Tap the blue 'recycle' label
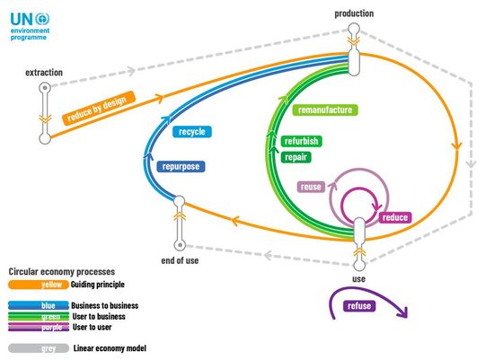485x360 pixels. coord(192,132)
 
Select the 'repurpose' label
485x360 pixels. coord(182,166)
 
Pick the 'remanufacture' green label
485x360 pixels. coord(323,110)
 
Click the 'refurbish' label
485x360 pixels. coord(301,142)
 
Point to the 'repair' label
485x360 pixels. coord(295,157)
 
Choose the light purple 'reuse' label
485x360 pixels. coord(312,188)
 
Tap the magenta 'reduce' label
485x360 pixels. coord(395,217)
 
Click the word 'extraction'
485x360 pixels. coord(43,71)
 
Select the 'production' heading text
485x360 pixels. coord(354,13)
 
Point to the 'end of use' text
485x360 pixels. coord(179,261)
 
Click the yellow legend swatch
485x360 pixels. coord(38,285)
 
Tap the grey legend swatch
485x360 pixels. coord(38,347)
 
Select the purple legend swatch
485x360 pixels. coord(38,328)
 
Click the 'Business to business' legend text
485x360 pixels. coord(104,306)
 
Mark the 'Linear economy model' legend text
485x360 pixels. coord(109,347)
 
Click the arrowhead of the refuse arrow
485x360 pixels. coord(403,313)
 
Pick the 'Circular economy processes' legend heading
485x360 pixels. coord(61,270)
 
